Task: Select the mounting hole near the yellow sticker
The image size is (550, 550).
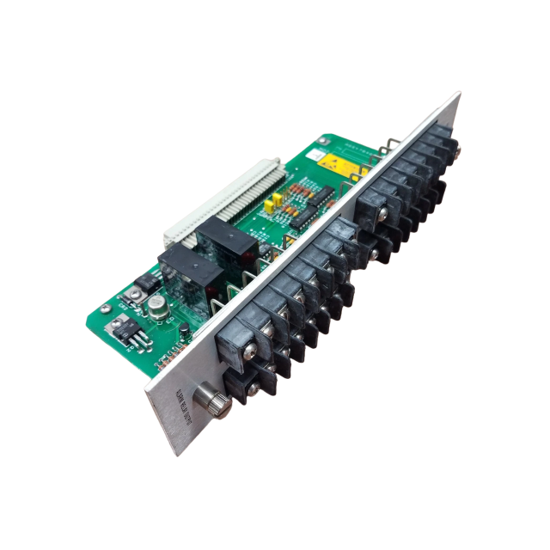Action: [x=324, y=138]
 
